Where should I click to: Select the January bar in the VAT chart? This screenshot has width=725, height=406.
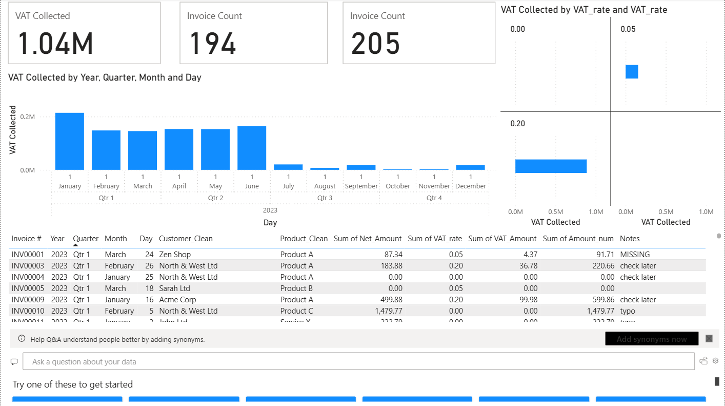point(70,142)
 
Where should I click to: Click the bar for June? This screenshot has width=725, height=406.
point(252,148)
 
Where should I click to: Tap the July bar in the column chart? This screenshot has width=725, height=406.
point(288,167)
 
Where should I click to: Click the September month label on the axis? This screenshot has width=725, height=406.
point(361,186)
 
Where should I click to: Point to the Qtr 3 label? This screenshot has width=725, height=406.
point(325,198)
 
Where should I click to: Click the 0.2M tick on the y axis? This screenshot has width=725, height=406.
point(28,117)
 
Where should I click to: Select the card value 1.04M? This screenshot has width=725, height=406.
point(55,44)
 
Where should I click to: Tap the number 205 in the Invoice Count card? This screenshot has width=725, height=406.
point(375,44)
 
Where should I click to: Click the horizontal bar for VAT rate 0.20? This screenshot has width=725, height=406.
point(551,166)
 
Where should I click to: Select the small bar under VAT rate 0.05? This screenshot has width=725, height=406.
point(632,72)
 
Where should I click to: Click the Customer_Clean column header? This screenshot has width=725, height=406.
point(186,239)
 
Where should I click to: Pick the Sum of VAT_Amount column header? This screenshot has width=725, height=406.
point(502,239)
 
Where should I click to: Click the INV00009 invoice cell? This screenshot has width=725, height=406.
point(28,300)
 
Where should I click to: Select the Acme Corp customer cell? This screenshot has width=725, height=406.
point(177,300)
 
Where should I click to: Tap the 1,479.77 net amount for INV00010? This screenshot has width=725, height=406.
point(384,311)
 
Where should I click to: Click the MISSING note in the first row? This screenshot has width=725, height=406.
point(635,255)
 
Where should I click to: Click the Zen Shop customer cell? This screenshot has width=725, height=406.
point(175,255)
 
